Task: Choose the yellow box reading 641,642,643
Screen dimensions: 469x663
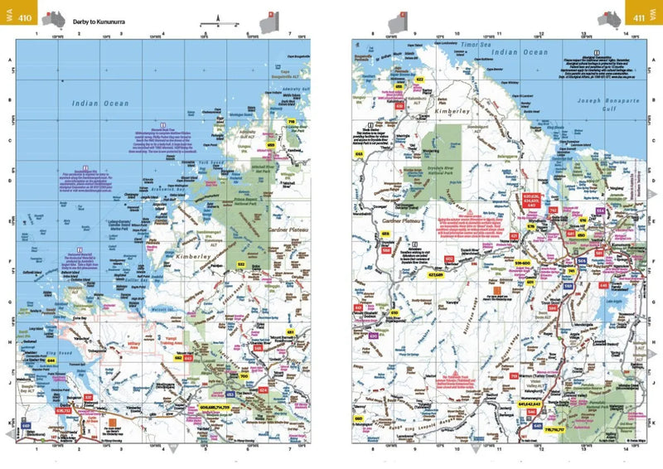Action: pos(530,404)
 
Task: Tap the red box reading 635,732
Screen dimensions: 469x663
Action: pos(63,409)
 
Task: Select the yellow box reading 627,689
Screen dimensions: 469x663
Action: pos(438,276)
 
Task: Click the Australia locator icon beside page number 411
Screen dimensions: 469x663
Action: pos(613,16)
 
